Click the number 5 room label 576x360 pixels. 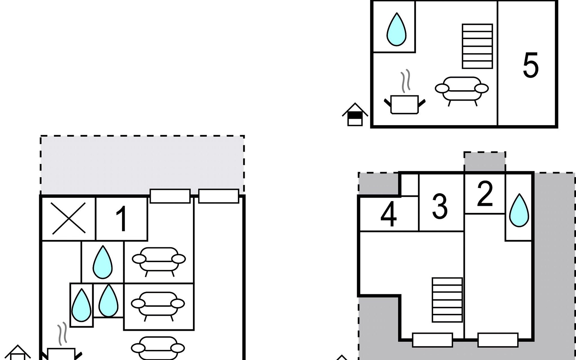(x=530, y=65)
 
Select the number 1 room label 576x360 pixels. (x=121, y=219)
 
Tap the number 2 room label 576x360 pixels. (x=485, y=194)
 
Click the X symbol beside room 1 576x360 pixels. (x=69, y=218)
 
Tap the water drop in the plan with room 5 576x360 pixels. (x=396, y=29)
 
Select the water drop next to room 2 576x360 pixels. (x=519, y=210)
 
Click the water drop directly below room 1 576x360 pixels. (x=103, y=262)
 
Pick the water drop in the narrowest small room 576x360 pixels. (x=81, y=305)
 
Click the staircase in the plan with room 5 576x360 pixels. (x=477, y=46)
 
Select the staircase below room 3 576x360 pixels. (x=447, y=300)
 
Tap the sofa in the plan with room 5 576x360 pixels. (x=462, y=90)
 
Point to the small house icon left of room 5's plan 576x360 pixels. (x=355, y=114)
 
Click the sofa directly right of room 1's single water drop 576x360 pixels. (x=159, y=261)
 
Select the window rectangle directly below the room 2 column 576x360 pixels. (x=498, y=340)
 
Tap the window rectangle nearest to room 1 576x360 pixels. (x=170, y=196)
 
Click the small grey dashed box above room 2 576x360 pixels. (x=485, y=162)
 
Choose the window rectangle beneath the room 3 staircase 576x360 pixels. (x=433, y=340)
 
